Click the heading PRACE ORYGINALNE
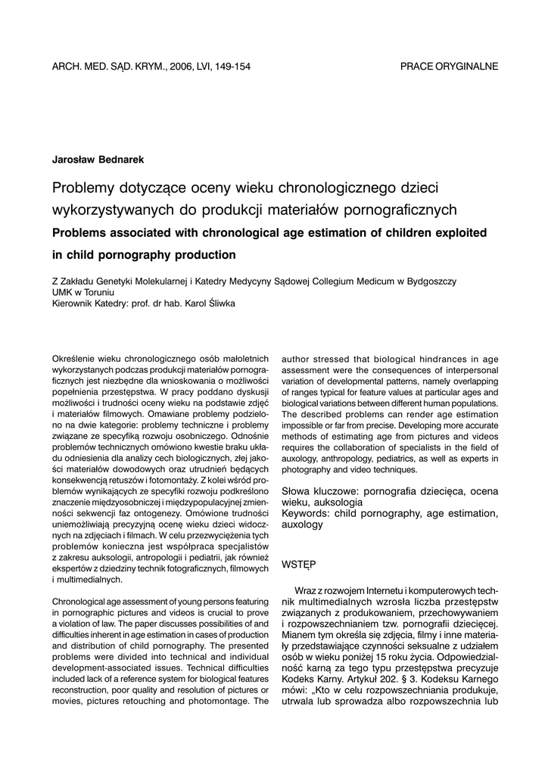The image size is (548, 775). (x=449, y=67)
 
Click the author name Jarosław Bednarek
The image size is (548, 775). (x=98, y=159)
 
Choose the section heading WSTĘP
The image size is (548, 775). (x=298, y=564)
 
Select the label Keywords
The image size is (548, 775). (x=306, y=513)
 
